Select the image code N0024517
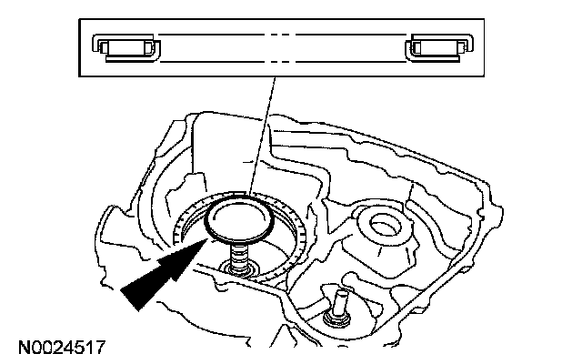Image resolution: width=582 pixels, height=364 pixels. pyautogui.click(x=61, y=347)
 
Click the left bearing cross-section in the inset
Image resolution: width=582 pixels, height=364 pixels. pyautogui.click(x=128, y=47)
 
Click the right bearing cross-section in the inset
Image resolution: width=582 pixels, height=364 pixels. pyautogui.click(x=439, y=47)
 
